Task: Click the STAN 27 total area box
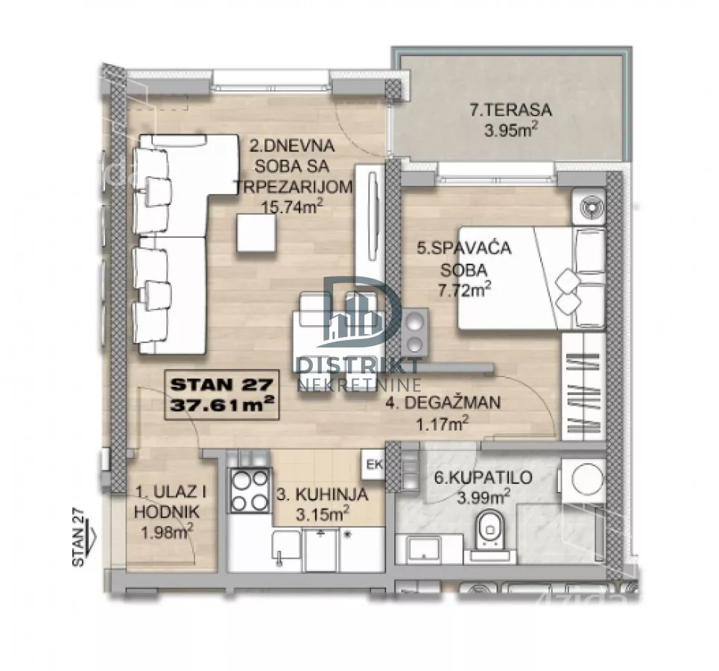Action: click(222, 395)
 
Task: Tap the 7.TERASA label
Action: click(511, 110)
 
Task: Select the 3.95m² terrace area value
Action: click(511, 130)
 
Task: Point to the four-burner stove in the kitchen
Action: click(250, 491)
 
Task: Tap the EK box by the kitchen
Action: click(374, 464)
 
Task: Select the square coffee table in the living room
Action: click(256, 233)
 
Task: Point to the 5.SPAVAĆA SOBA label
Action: click(464, 259)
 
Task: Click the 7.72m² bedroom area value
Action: click(464, 289)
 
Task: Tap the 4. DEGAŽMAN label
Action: click(443, 403)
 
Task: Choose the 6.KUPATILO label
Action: click(484, 477)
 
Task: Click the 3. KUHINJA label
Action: click(323, 494)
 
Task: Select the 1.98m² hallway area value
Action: click(166, 532)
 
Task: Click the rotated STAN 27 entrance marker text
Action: click(79, 536)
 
